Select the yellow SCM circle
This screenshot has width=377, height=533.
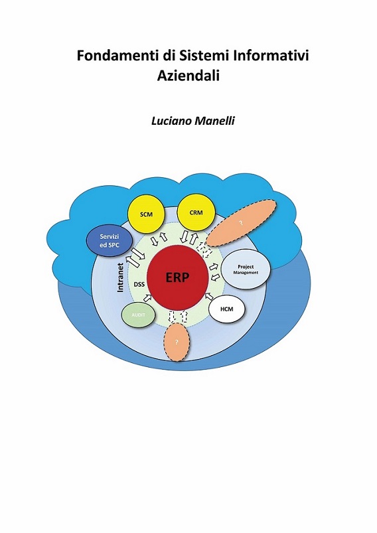click(x=146, y=214)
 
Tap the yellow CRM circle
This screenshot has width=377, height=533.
click(x=196, y=213)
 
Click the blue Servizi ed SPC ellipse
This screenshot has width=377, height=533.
click(x=109, y=241)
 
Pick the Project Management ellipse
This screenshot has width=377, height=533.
click(x=246, y=270)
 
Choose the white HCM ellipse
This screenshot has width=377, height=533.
click(x=227, y=309)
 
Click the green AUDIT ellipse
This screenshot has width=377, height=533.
click(x=138, y=315)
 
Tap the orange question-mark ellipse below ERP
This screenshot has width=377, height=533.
click(x=177, y=343)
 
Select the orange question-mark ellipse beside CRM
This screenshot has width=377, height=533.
click(x=242, y=222)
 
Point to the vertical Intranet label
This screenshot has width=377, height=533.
click(x=120, y=277)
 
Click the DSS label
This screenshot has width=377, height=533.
click(x=139, y=285)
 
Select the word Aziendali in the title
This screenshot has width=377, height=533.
click(x=188, y=76)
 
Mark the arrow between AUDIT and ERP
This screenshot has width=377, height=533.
click(x=147, y=298)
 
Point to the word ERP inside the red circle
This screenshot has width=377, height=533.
click(x=177, y=277)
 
